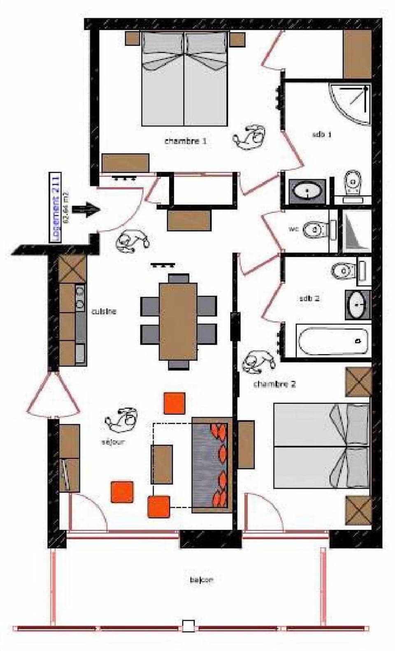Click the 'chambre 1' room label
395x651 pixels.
185,141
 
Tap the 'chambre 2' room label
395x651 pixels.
274,384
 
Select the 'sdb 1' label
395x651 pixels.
322,134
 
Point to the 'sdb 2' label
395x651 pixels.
309,298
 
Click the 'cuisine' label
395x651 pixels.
104,312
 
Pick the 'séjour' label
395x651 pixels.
113,442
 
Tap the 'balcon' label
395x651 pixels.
202,580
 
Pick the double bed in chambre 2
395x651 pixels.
322,446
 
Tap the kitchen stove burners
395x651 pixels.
80,298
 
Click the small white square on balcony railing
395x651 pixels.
188,626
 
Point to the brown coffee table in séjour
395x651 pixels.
161,464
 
